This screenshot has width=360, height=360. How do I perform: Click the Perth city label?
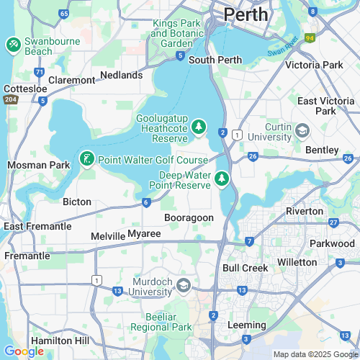click(246, 14)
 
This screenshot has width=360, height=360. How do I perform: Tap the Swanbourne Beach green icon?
click(13, 45)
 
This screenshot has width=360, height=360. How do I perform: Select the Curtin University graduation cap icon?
click(302, 130)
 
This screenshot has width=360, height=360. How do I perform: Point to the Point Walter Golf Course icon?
click(86, 158)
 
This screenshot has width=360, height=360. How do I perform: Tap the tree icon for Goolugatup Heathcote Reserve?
click(199, 127)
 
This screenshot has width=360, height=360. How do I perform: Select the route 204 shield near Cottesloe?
click(10, 99)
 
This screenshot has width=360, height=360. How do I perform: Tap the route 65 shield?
click(64, 14)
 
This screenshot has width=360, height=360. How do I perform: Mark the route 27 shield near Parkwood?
click(333, 222)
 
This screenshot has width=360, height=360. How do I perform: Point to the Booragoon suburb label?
click(189, 217)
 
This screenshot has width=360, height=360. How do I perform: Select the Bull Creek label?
click(245, 268)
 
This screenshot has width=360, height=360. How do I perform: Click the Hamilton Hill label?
click(60, 340)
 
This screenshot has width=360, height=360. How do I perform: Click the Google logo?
click(24, 351)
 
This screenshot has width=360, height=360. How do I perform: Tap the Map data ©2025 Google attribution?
click(314, 354)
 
